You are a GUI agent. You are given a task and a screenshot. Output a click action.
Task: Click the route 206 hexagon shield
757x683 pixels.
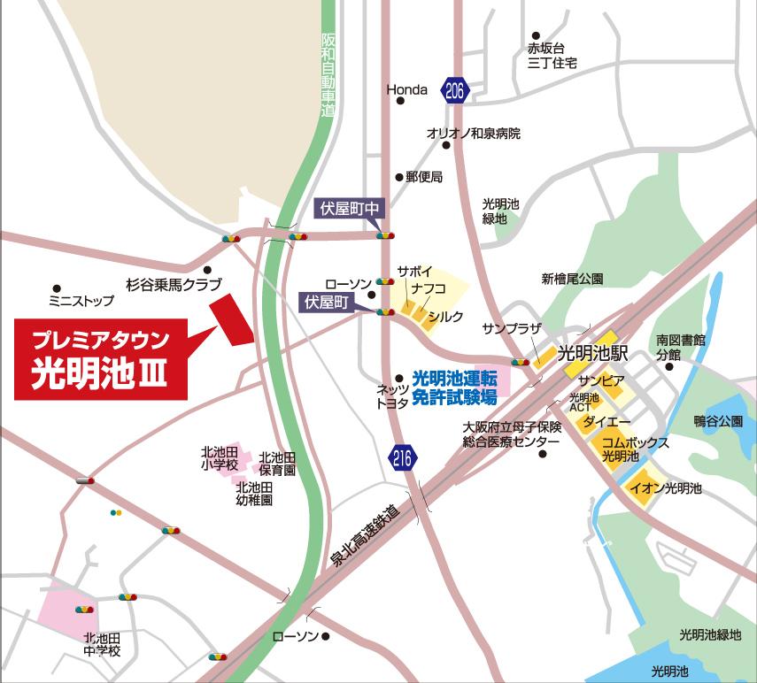455,89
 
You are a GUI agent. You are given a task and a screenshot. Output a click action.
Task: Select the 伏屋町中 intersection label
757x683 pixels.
350,209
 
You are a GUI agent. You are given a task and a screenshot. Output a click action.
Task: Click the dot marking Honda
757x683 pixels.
400,101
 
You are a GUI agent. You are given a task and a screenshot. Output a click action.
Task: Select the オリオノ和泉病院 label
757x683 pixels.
473,134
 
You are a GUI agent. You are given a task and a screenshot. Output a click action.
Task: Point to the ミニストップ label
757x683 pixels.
81,301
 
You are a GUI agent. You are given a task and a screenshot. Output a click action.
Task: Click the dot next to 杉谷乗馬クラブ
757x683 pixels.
207,270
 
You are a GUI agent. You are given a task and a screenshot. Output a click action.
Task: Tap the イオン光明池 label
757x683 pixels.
664,487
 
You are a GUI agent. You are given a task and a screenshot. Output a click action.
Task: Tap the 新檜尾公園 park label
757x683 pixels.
572,279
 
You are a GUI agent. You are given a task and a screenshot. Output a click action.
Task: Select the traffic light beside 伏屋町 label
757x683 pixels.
384,312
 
